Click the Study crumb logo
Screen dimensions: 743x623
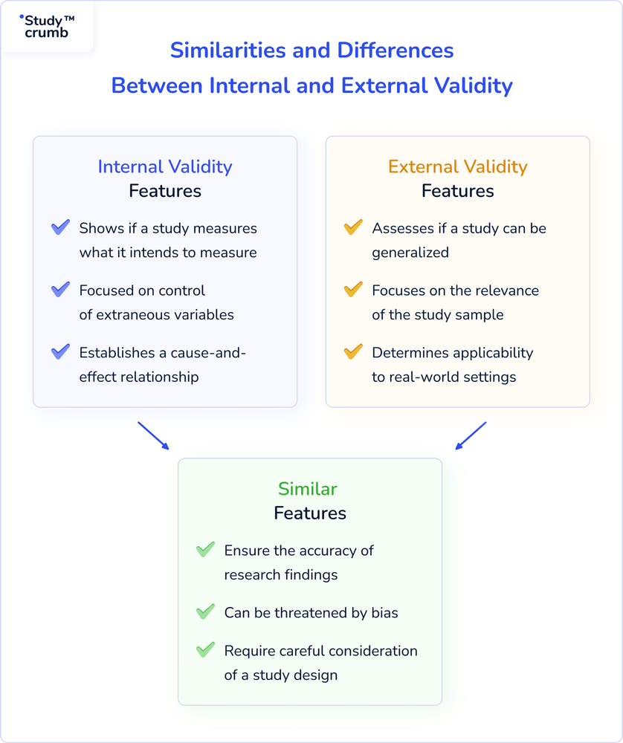(47, 26)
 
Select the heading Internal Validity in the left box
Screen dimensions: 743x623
(165, 166)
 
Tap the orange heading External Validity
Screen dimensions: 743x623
(457, 166)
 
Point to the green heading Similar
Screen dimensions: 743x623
(308, 489)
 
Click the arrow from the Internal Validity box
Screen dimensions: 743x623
(153, 436)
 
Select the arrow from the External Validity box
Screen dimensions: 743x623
(471, 436)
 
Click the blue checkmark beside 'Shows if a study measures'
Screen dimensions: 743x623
(60, 228)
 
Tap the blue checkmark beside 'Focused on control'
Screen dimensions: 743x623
(60, 291)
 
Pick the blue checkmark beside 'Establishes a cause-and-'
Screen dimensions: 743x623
(60, 352)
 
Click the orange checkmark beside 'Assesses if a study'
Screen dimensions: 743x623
(353, 228)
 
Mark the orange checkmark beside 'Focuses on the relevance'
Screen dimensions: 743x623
(353, 291)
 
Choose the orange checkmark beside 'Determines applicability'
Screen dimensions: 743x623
(353, 352)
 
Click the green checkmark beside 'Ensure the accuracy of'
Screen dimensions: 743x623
(205, 551)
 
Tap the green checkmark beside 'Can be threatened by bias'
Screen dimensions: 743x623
(205, 612)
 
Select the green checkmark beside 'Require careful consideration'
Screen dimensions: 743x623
(205, 650)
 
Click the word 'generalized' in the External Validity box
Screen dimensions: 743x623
(410, 253)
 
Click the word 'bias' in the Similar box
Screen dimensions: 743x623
(384, 613)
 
